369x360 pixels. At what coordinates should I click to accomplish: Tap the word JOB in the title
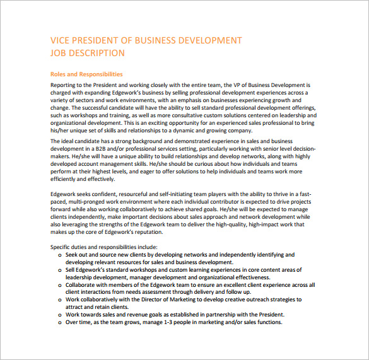[x=59, y=53]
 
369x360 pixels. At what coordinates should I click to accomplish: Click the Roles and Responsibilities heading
[x=86, y=74]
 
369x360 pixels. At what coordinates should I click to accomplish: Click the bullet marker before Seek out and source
[x=59, y=255]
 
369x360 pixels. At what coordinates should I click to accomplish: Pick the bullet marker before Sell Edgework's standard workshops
[x=59, y=270]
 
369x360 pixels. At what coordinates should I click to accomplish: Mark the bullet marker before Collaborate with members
[x=59, y=284]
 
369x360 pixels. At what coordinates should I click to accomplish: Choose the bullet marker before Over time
[x=59, y=322]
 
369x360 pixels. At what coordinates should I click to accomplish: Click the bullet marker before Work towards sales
[x=59, y=315]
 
